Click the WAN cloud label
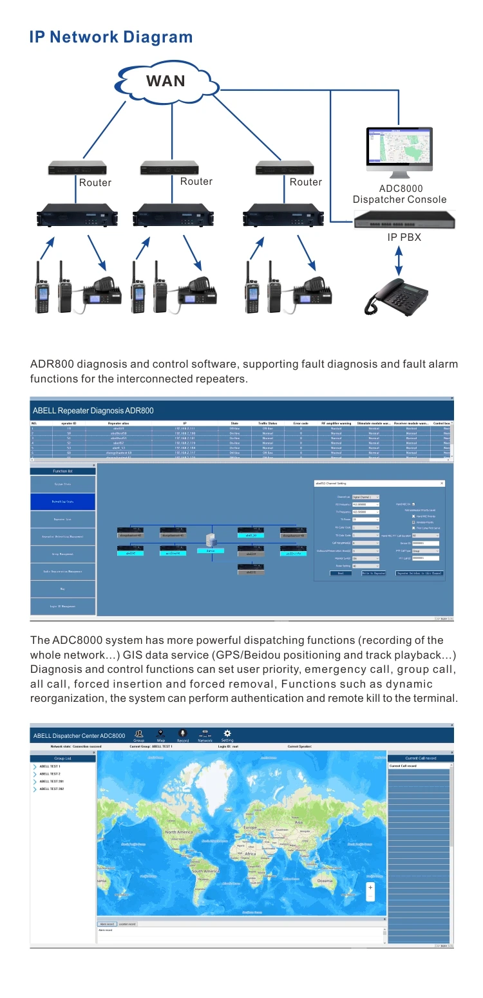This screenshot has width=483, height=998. pos(166,80)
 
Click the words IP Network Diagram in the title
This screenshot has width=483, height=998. pos(111,37)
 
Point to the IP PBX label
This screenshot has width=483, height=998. pos(404,237)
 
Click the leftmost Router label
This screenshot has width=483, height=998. pos(95,183)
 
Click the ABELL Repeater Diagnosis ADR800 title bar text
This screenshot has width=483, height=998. pos(93,410)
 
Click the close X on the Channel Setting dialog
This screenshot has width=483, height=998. pos(459,483)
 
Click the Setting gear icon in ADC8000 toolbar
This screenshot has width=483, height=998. pos(227,733)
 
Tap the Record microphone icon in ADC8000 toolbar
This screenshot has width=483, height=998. pos(183,733)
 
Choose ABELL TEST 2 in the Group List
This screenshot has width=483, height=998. pos(50,773)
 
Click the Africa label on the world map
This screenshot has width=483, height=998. pos(250,854)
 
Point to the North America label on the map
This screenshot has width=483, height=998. pos(178,832)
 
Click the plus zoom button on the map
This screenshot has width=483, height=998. pos(370,887)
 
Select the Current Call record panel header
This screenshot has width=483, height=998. pos(420,758)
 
